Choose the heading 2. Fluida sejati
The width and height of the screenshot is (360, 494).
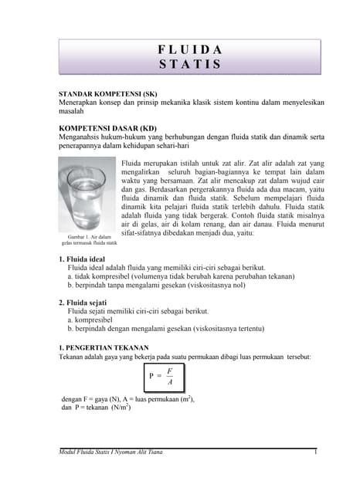click(x=88, y=303)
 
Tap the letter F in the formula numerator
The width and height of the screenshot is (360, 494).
click(x=169, y=371)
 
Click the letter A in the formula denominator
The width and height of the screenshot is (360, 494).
click(x=169, y=383)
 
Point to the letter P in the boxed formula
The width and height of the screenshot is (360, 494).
click(x=151, y=377)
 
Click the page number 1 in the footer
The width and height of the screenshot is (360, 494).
click(x=317, y=462)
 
